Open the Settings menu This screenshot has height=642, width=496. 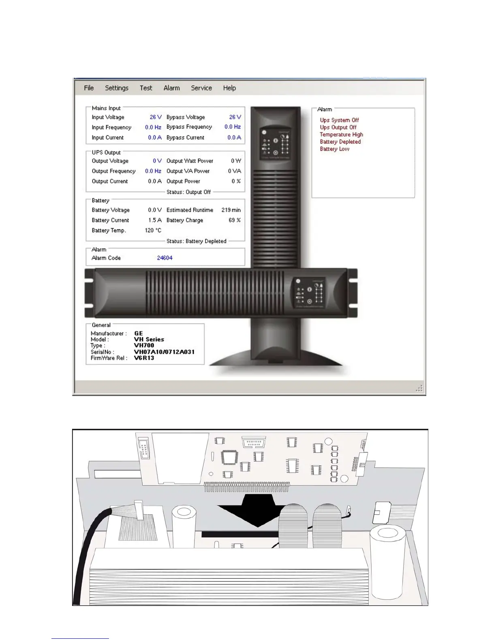click(116, 88)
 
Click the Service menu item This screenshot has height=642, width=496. click(201, 88)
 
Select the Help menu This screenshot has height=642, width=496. click(229, 88)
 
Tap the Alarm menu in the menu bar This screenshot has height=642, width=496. click(171, 88)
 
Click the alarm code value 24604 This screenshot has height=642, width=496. click(165, 258)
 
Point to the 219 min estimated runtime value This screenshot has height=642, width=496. click(231, 210)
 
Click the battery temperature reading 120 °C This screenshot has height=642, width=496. click(153, 230)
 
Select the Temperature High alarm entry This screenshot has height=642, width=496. click(341, 135)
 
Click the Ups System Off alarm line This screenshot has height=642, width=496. click(339, 120)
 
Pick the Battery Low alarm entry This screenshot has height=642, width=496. click(334, 149)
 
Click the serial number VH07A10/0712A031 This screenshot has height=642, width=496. click(164, 352)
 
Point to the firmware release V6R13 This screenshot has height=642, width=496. click(144, 358)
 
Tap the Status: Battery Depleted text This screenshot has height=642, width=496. click(196, 241)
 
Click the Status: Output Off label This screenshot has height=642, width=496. click(188, 192)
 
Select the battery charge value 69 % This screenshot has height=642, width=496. click(234, 220)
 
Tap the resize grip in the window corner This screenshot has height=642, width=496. click(420, 388)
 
